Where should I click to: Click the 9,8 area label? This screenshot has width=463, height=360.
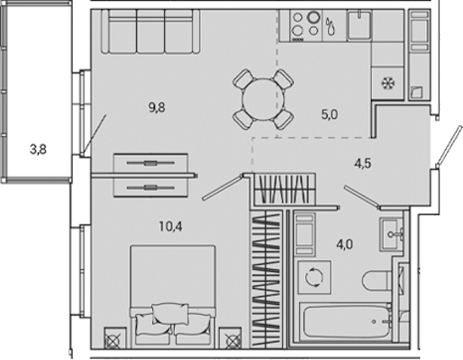(157, 107)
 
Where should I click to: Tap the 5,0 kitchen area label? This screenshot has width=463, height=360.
(330, 114)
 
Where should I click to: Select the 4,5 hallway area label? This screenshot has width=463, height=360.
(363, 164)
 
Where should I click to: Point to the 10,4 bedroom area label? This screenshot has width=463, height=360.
(170, 227)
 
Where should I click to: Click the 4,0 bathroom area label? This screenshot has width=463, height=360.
(345, 245)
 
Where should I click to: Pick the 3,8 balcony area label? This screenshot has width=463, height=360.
(38, 149)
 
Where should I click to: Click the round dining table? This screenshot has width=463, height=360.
(263, 99)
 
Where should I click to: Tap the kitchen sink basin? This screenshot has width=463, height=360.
(359, 24)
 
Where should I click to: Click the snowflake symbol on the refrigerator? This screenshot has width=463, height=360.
(387, 83)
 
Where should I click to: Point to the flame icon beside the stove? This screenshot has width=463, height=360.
(331, 26)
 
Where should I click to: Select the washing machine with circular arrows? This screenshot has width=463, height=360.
(314, 277)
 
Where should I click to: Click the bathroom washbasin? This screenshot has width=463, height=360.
(391, 234)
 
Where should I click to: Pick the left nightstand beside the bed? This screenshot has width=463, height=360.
(113, 338)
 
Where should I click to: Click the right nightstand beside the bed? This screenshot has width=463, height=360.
(230, 338)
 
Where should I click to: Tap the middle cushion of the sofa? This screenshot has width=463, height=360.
(150, 31)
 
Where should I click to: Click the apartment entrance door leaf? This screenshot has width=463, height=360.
(447, 146)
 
